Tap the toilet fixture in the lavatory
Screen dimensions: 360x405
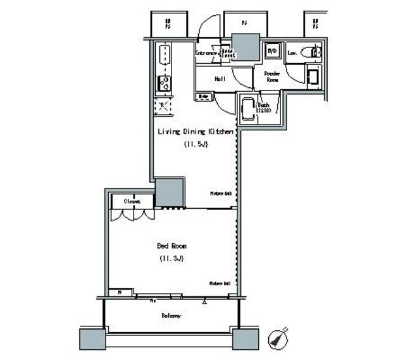[x=316, y=52]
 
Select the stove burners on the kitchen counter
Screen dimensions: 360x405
[x=164, y=83]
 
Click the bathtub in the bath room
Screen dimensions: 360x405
[x=248, y=109]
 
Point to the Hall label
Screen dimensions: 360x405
[x=220, y=79]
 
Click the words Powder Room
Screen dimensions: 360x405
[x=272, y=76]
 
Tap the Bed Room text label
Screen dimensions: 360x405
[x=172, y=246]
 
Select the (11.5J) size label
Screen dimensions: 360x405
[x=195, y=144]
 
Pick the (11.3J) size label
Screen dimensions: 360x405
[x=171, y=258]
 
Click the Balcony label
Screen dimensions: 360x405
[x=171, y=316]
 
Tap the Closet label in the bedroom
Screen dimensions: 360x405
[x=132, y=201]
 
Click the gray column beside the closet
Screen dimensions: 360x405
[x=169, y=192]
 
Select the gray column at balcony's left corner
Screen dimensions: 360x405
[x=92, y=339]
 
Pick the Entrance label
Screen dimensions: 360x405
[x=207, y=53]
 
